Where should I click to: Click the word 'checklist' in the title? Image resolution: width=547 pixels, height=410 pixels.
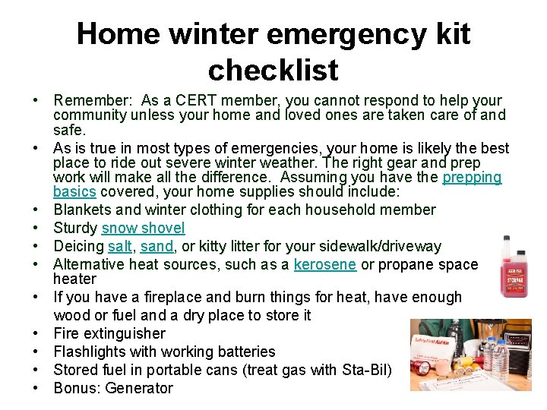[x=273, y=70]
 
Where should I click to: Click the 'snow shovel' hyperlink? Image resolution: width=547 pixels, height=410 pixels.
[x=143, y=228]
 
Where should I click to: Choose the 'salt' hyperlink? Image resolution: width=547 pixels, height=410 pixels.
[x=120, y=246]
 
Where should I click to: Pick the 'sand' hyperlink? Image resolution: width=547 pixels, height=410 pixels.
[x=157, y=246]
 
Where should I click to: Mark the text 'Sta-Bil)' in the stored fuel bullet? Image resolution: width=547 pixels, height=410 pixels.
[x=368, y=370]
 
